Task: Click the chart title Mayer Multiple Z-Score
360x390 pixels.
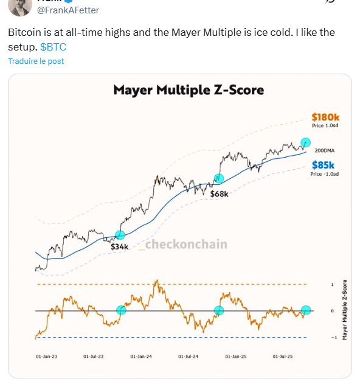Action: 189,91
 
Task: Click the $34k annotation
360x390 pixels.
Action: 119,246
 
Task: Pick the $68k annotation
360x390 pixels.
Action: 219,193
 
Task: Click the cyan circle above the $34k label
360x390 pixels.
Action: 120,235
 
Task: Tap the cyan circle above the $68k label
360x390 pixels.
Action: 218,179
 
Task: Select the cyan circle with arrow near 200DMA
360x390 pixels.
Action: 306,142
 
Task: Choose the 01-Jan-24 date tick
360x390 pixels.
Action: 140,356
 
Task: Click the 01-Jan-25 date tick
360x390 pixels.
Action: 236,356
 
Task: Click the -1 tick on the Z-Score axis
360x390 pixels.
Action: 331,338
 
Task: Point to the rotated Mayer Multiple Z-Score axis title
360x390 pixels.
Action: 345,310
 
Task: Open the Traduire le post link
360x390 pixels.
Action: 36,61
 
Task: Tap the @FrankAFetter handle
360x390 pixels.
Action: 69,10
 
